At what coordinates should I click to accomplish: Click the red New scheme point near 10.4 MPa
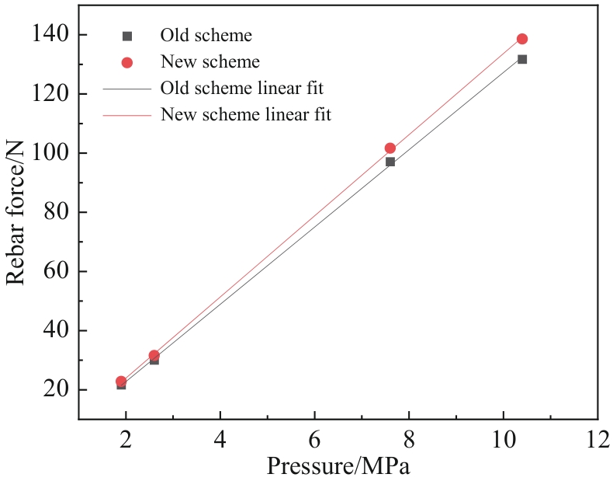(x=521, y=39)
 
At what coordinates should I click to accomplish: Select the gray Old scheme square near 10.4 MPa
(x=521, y=59)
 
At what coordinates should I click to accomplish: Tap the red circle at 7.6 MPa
(x=390, y=148)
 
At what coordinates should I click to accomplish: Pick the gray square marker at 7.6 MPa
(x=390, y=162)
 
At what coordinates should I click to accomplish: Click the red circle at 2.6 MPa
(x=154, y=355)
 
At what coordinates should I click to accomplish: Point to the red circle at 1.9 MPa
(x=121, y=382)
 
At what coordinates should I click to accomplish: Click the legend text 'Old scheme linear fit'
(x=241, y=88)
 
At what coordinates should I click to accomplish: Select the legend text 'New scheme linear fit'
(x=245, y=115)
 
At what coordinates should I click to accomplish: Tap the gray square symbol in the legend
(x=127, y=36)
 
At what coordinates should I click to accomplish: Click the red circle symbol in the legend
(x=127, y=62)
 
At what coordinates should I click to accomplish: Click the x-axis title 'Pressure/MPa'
(x=338, y=466)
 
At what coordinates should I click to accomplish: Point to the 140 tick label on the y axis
(x=50, y=34)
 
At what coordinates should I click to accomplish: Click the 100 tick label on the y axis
(x=50, y=153)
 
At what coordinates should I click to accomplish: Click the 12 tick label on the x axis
(x=596, y=437)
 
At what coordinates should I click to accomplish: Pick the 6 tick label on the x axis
(x=314, y=437)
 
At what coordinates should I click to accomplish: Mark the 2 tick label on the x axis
(x=126, y=437)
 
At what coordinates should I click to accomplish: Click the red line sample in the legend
(x=127, y=115)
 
